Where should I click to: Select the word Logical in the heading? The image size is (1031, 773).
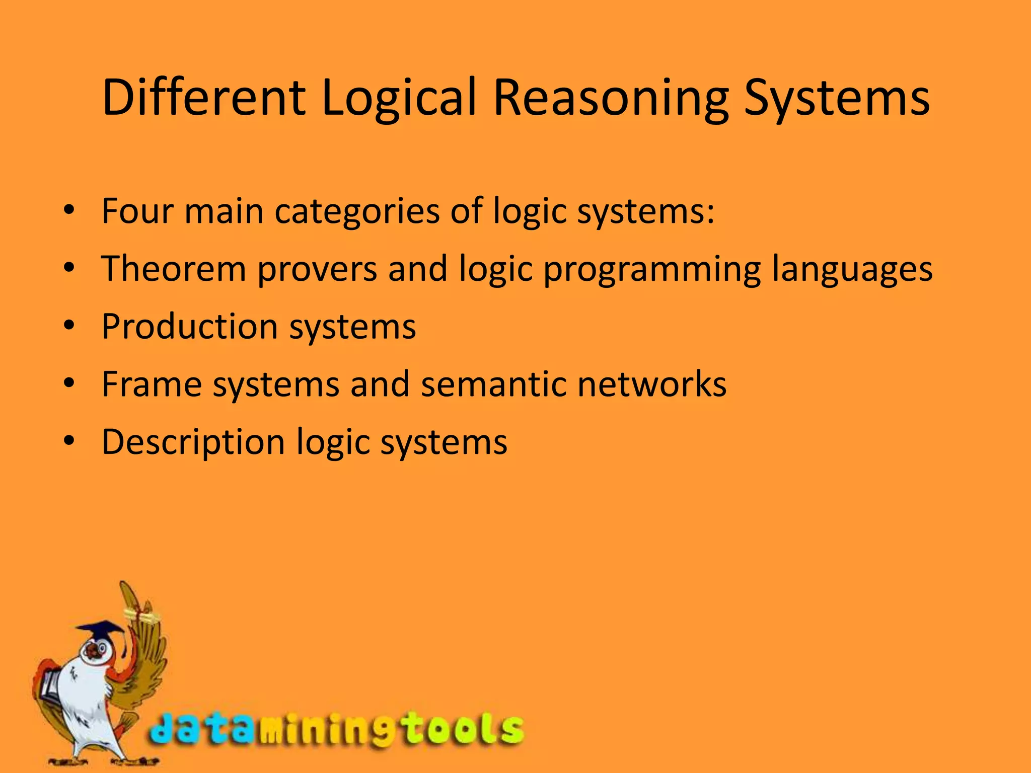(398, 98)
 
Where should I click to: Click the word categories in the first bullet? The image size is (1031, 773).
(357, 211)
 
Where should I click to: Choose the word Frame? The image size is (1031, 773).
(152, 384)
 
